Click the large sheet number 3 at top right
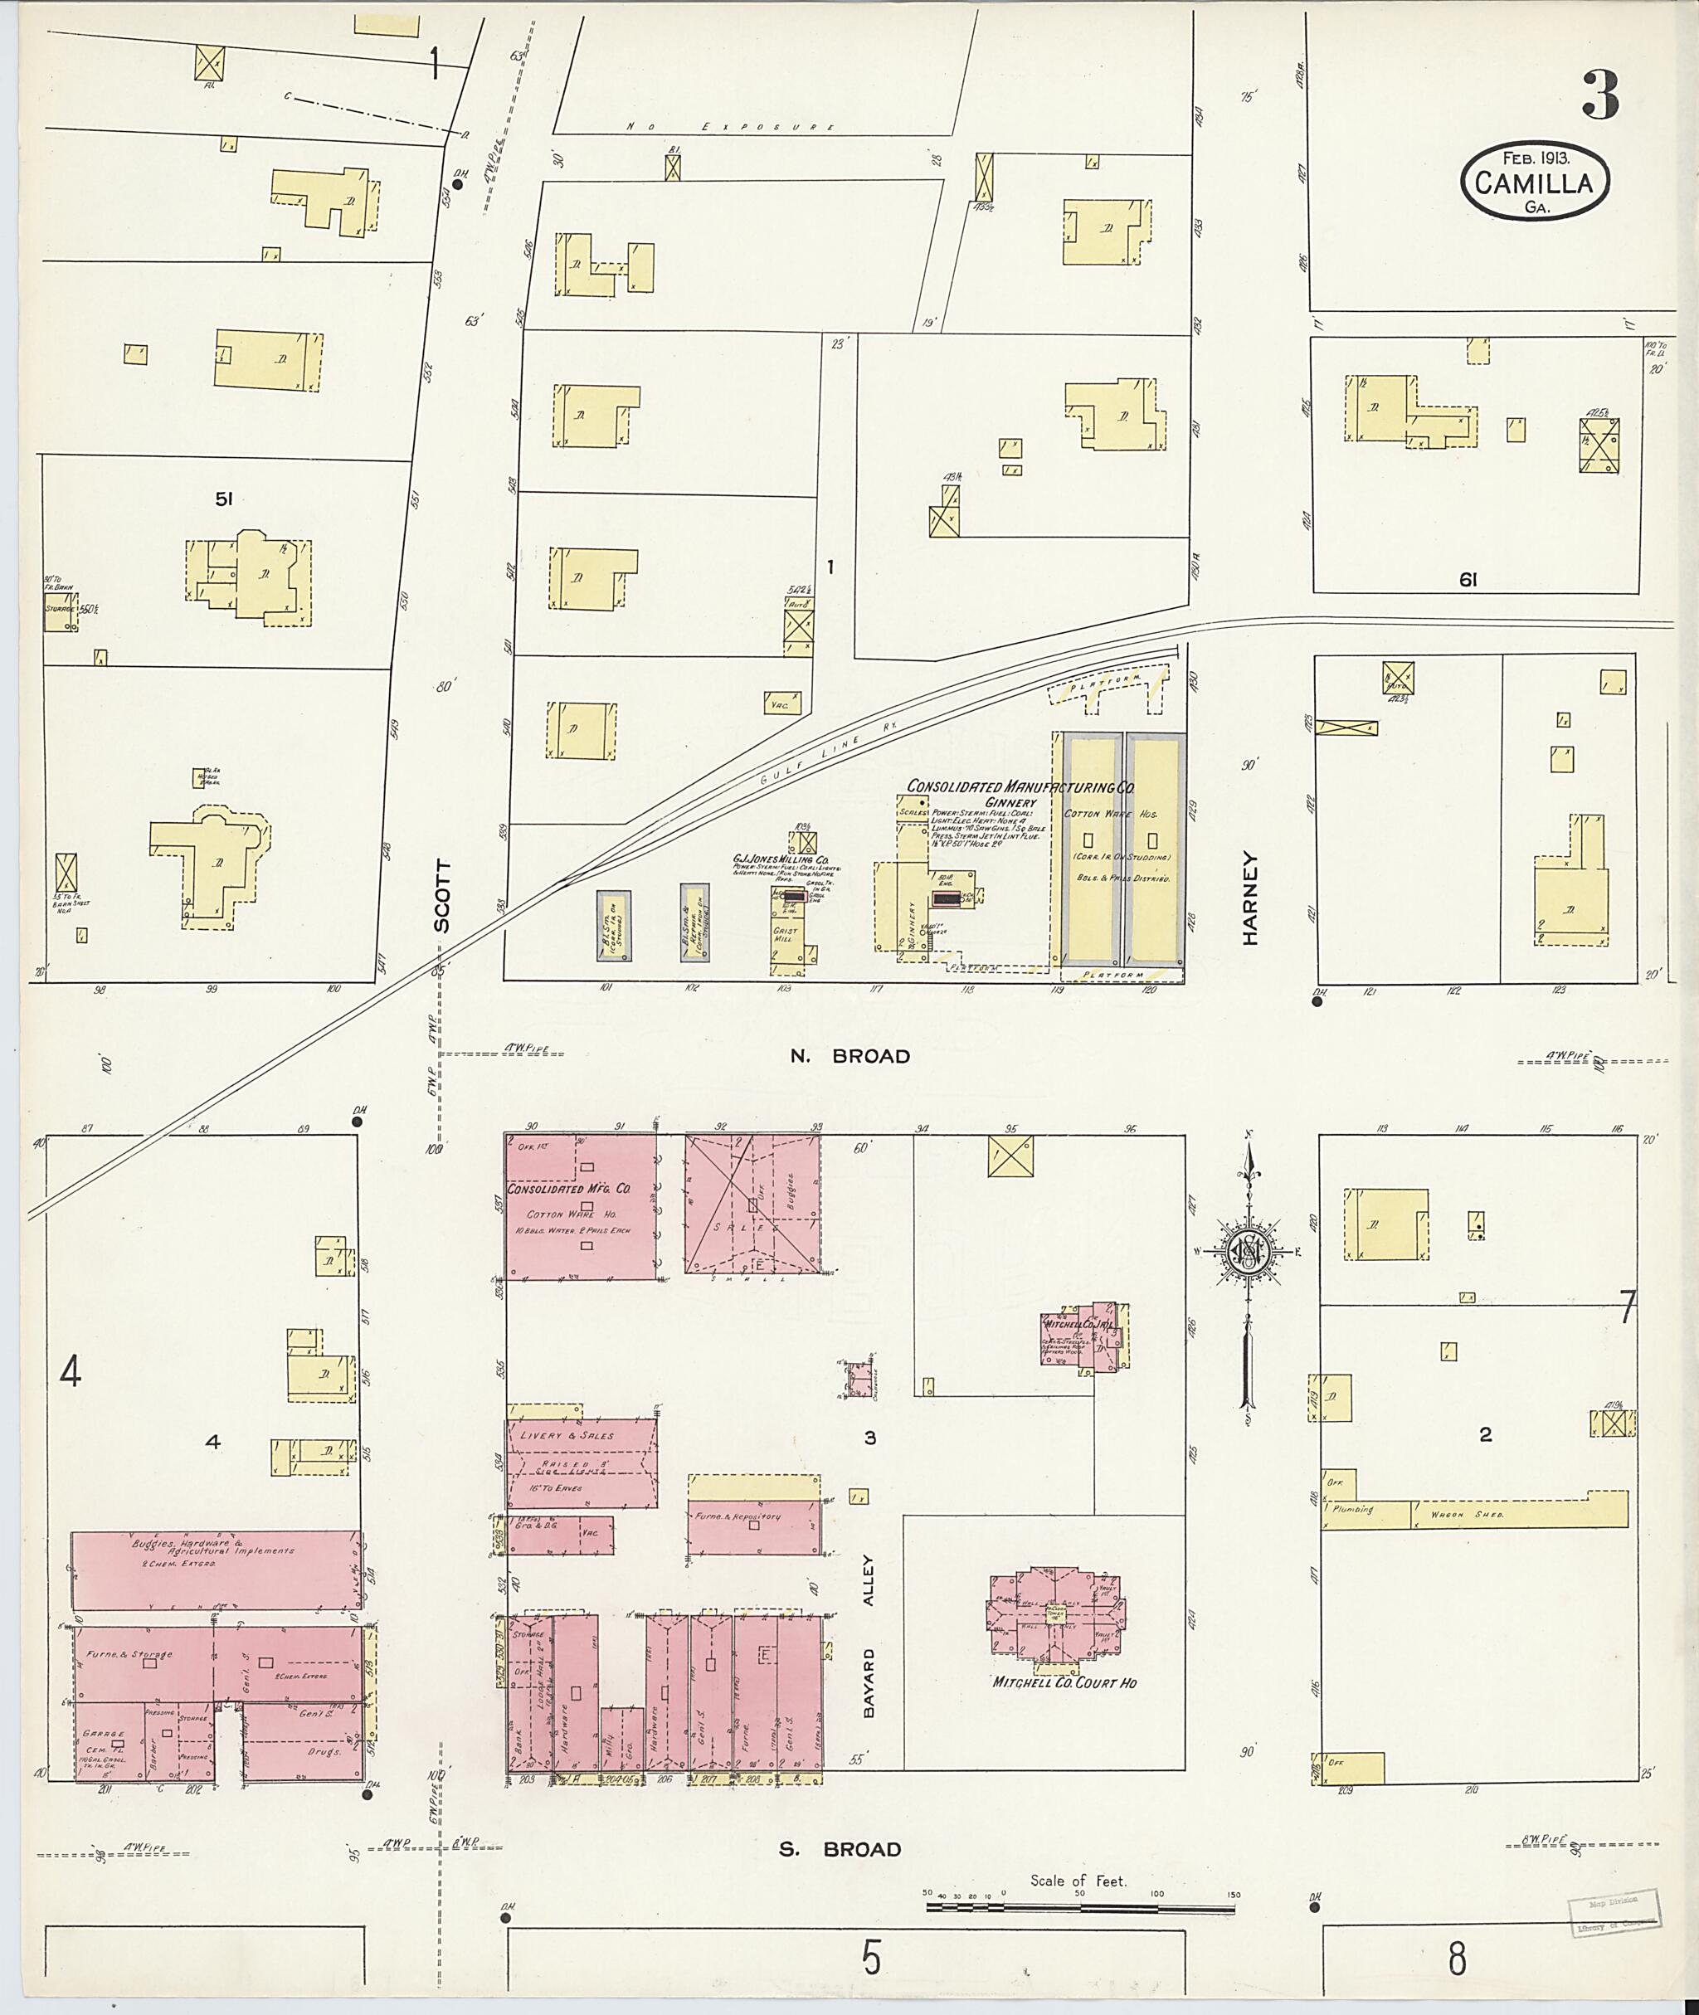tap(1599, 97)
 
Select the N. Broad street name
tap(849, 1056)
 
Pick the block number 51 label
tap(225, 499)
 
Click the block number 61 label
tap(1468, 579)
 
